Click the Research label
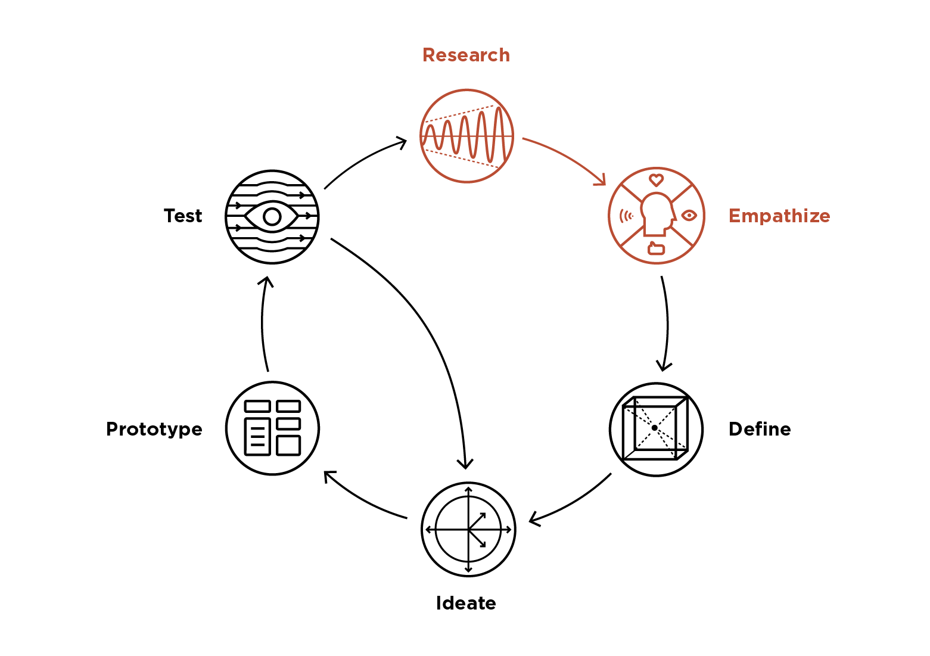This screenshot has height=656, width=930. tap(466, 55)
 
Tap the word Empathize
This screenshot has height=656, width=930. tap(779, 216)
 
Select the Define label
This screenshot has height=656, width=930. tap(760, 429)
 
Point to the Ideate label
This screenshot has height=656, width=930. tap(466, 603)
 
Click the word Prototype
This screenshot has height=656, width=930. tap(154, 429)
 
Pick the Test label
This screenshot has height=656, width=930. tap(183, 216)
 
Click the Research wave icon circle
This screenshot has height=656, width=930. tap(466, 136)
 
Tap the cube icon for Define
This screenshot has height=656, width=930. tap(656, 429)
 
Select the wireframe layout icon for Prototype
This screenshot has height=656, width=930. tap(273, 428)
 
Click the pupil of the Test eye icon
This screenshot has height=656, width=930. tap(272, 217)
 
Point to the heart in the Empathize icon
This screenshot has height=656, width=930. tap(656, 180)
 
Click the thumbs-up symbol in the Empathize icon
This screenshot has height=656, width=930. tap(656, 248)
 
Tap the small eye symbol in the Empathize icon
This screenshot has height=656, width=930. tap(689, 215)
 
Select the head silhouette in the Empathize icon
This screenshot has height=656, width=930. tap(656, 213)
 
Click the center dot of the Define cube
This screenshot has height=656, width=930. tap(654, 428)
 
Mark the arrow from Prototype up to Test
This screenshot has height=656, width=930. tap(263, 325)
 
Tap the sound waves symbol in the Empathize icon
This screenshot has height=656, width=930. tap(625, 215)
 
